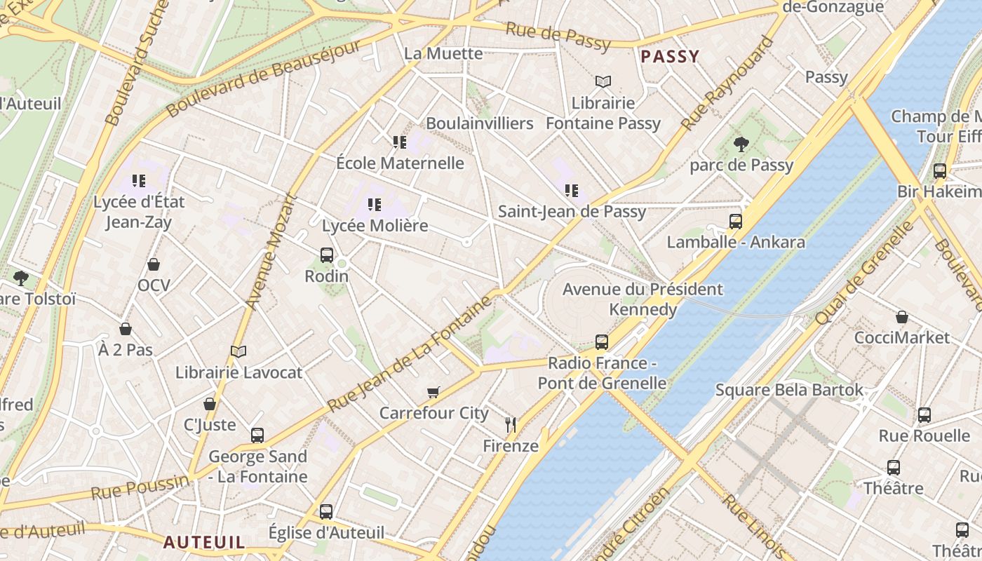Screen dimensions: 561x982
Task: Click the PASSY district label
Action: coord(670,57)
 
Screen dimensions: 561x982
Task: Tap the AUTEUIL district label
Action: coord(204,542)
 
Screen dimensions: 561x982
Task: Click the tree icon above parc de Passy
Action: coord(741,144)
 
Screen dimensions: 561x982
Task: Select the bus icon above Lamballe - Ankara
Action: coord(735,222)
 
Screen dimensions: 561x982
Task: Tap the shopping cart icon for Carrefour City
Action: coord(433,392)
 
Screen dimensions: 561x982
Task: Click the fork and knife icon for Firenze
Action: coord(511,424)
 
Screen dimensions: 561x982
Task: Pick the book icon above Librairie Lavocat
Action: coord(238,351)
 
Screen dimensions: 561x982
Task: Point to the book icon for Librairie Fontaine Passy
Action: coord(603,81)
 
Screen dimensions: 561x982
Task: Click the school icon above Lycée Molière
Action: coord(375,205)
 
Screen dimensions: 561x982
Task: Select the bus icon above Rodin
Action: coord(327,255)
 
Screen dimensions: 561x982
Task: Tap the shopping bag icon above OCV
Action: coord(154,264)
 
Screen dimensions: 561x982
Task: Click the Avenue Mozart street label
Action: coord(272,251)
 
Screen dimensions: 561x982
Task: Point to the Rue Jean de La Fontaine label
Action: coord(410,355)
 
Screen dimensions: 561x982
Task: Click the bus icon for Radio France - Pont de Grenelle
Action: coord(602,342)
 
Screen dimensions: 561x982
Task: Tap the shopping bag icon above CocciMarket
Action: coord(902,317)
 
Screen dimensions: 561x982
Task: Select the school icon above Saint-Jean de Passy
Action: coord(572,190)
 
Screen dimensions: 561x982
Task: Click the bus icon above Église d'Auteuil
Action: coord(326,512)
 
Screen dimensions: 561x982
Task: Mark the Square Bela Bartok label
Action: coord(789,389)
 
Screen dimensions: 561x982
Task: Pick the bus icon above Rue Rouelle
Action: coord(924,414)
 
